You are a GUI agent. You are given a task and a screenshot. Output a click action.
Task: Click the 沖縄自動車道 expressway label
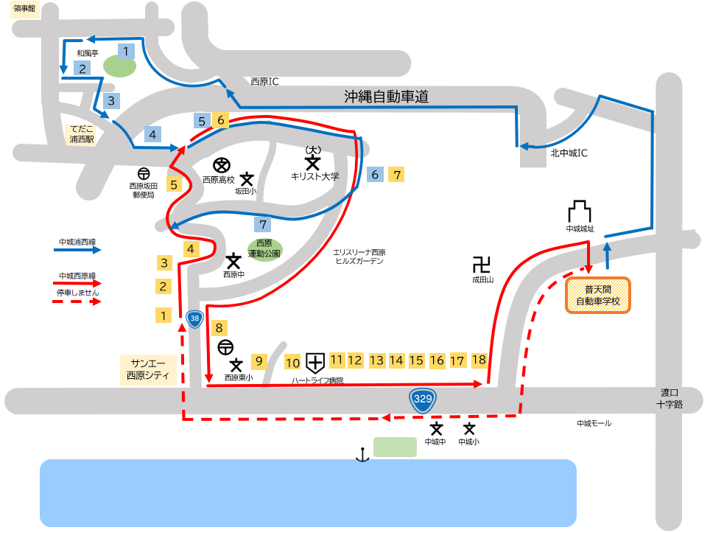(386, 97)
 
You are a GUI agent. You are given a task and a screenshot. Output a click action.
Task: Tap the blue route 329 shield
(422, 400)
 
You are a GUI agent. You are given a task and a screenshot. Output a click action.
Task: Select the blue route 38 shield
(194, 319)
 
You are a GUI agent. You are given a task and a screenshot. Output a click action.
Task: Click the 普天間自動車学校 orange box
(597, 295)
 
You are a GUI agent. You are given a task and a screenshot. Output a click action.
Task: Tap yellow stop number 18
(479, 360)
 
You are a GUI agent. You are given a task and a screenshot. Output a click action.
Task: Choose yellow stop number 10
(292, 363)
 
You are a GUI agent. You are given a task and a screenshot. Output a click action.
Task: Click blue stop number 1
(127, 52)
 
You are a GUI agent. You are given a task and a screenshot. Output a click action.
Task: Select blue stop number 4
(152, 135)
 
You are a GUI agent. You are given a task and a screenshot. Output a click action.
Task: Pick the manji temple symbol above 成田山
(482, 264)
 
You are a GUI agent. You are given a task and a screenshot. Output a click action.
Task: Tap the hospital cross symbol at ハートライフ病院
(315, 362)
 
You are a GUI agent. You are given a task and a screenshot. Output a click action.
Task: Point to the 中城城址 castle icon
(579, 212)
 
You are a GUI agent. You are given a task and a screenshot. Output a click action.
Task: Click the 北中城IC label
(570, 153)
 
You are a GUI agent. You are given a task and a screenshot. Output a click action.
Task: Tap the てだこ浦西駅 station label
(82, 134)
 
